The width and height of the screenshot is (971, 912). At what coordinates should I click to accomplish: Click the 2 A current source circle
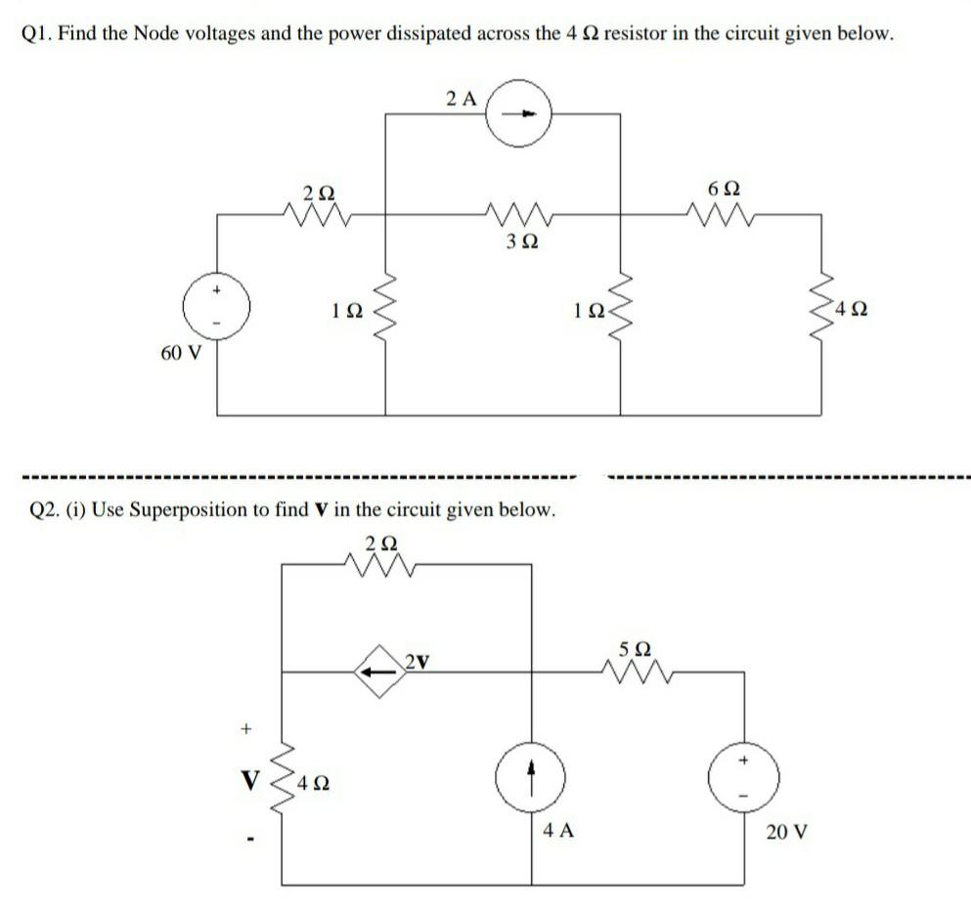522,113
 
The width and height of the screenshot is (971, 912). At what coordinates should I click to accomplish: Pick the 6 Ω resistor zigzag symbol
716,210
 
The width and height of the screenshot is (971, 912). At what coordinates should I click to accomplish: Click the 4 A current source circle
532,780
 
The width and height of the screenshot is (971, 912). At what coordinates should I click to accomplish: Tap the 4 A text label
558,831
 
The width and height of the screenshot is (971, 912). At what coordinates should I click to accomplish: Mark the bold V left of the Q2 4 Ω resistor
251,781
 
